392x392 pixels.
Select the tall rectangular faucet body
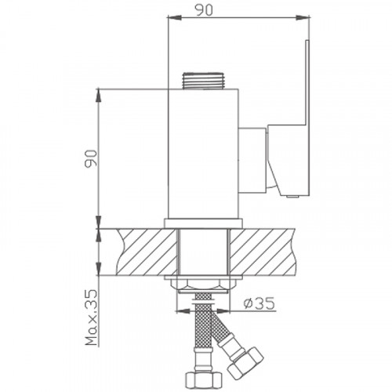point(204,153)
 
